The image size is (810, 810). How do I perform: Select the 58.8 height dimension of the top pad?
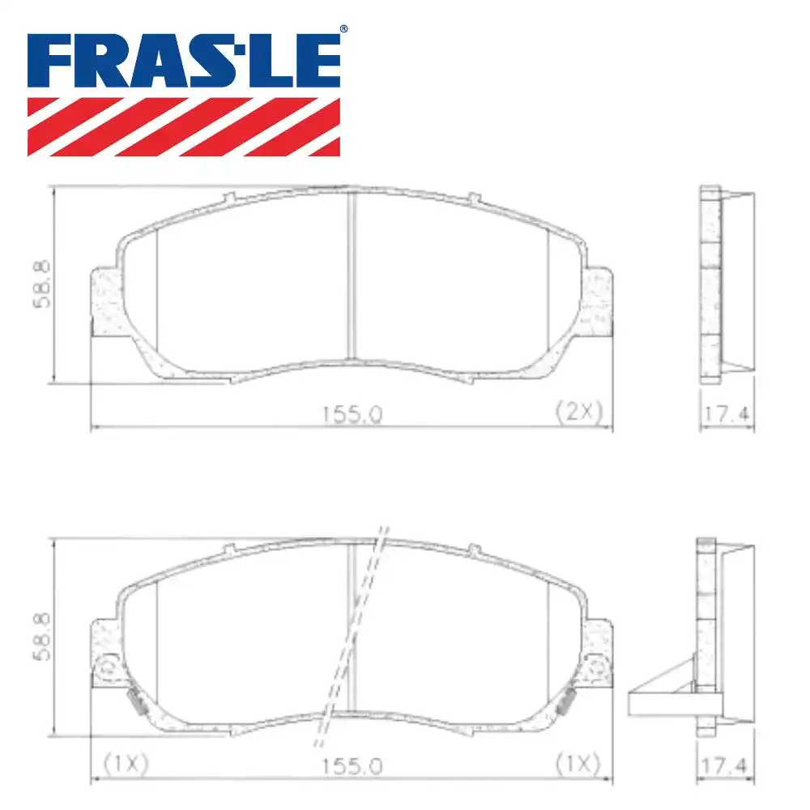click(41, 283)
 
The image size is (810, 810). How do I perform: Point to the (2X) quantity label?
click(579, 412)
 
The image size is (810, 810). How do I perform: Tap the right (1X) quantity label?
click(577, 764)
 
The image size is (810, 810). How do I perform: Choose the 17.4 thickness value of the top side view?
click(727, 414)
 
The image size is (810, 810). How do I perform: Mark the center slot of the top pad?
click(352, 275)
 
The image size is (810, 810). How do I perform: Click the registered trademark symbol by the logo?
click(343, 29)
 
